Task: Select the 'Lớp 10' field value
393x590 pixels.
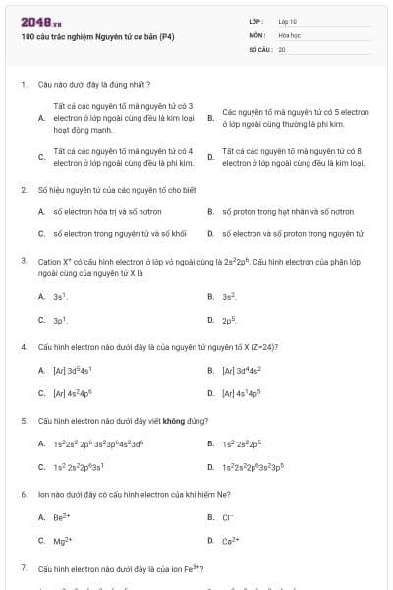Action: point(288,21)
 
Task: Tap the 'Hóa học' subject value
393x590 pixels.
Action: point(290,34)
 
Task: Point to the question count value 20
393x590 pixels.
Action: point(282,48)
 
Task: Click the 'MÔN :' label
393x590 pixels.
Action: point(258,34)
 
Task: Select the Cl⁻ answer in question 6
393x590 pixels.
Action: point(228,516)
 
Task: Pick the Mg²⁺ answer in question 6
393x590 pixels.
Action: point(63,541)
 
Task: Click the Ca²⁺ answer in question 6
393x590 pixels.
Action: point(230,541)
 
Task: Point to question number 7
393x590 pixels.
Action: point(23,568)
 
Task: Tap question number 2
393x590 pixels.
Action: point(23,187)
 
